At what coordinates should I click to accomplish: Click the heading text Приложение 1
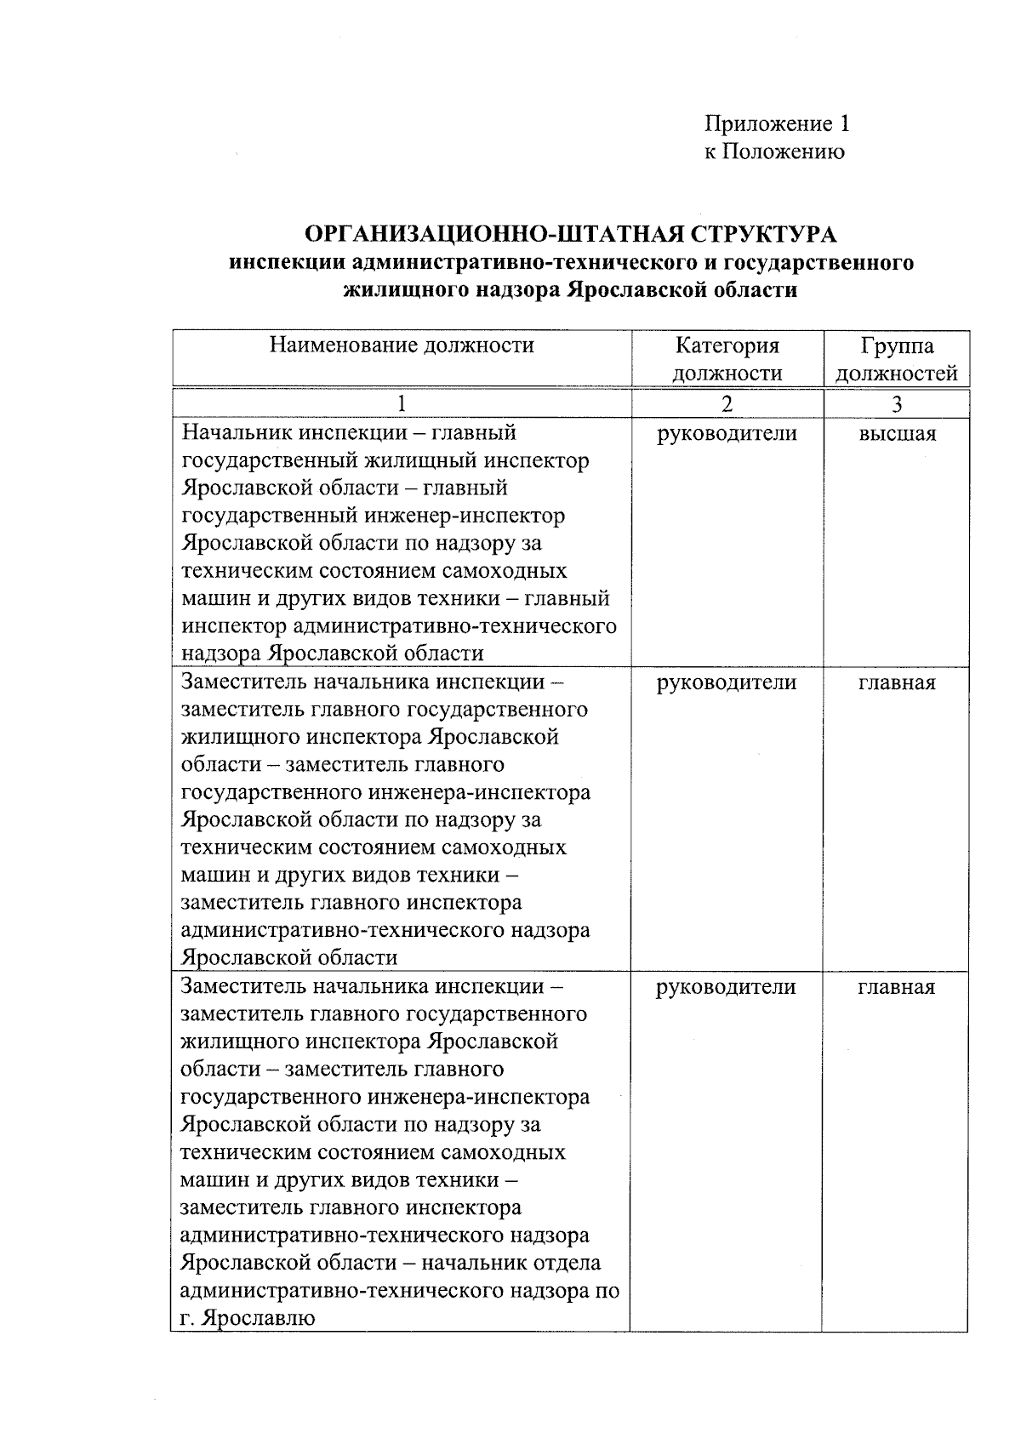(777, 124)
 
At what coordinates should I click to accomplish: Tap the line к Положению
(773, 152)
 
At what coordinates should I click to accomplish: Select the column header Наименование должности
(402, 345)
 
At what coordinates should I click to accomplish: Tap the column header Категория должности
(727, 359)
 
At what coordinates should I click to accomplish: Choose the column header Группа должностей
(897, 359)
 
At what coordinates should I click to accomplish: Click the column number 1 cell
(402, 404)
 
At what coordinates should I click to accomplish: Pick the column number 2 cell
(727, 404)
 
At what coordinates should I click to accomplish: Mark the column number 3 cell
(897, 404)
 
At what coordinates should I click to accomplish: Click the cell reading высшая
(897, 434)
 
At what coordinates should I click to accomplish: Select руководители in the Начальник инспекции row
(727, 434)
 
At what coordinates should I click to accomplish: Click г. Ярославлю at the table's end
(248, 1319)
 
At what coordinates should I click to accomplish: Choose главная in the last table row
(897, 987)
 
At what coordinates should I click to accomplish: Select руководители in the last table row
(727, 987)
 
